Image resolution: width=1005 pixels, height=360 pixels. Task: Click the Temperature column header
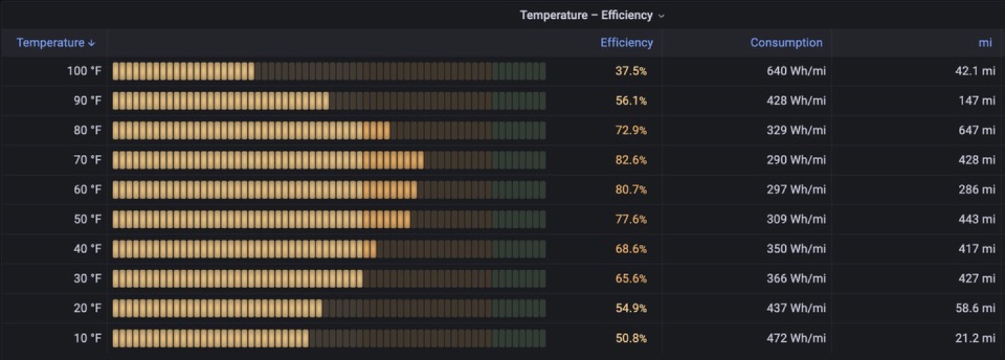tap(50, 43)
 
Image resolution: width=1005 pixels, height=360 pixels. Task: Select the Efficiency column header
tap(626, 43)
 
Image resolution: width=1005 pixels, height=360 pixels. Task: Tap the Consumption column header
tap(786, 43)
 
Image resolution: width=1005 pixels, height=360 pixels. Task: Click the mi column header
tap(985, 43)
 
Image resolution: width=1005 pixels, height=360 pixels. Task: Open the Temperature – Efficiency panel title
tap(586, 15)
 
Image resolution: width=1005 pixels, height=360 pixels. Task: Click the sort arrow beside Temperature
tap(91, 43)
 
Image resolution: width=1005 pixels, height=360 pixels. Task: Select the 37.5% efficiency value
tap(631, 71)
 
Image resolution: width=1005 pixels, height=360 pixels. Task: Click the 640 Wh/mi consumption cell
tap(796, 71)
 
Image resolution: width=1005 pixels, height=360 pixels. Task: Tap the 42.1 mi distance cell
tap(975, 71)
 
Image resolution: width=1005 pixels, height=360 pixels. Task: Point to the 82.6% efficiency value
tap(631, 160)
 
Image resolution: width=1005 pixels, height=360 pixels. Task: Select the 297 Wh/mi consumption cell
tap(796, 190)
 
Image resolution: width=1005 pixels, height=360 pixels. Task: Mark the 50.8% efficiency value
tap(631, 338)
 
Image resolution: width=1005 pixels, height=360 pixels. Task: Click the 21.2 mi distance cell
tap(975, 338)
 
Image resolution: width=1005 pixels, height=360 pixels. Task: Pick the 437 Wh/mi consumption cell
tap(796, 308)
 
